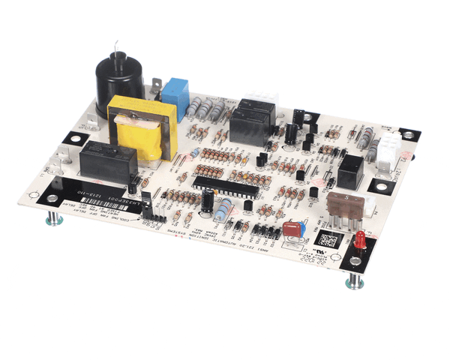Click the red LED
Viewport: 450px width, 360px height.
[361, 241]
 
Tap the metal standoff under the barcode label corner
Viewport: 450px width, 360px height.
[52, 220]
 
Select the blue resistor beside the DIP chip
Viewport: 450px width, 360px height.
[223, 211]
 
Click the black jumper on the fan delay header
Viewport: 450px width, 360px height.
[147, 202]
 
